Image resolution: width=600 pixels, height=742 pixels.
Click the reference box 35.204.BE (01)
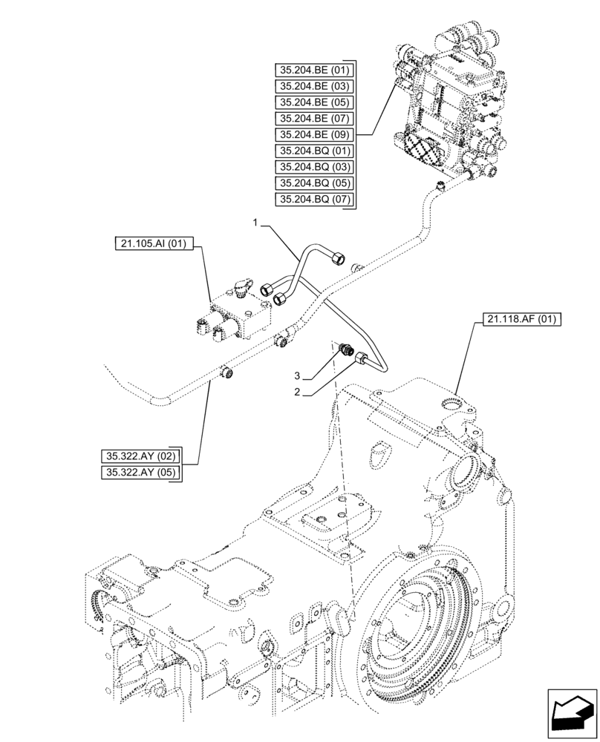click(x=313, y=70)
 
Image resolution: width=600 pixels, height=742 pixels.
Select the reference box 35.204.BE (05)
click(x=313, y=102)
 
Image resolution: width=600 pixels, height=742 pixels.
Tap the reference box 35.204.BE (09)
click(x=313, y=135)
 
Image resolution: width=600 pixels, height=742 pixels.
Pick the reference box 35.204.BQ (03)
click(x=313, y=167)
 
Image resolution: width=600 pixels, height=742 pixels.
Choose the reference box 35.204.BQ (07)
click(x=313, y=200)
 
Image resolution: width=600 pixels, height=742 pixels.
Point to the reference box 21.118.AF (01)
click(x=521, y=321)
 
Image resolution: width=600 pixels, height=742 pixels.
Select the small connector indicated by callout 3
click(x=345, y=349)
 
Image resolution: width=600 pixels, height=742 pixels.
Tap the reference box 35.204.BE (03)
click(x=313, y=86)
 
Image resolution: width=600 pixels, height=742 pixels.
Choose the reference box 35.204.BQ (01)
click(x=313, y=151)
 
